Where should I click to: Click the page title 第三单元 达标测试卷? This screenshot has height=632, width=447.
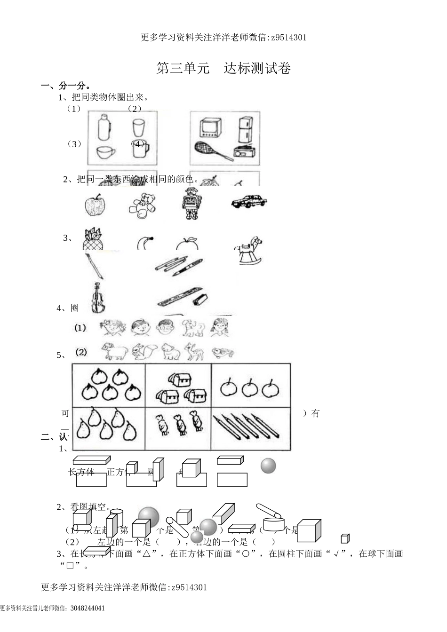[223, 69]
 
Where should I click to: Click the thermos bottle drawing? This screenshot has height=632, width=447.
[104, 127]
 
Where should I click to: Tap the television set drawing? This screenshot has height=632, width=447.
[210, 128]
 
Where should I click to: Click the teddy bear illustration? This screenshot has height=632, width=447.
[142, 205]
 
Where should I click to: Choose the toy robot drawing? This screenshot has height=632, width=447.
[191, 203]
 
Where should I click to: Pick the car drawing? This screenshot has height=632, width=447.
[249, 201]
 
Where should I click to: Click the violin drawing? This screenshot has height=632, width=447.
[97, 298]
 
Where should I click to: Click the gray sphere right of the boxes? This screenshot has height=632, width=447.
[268, 466]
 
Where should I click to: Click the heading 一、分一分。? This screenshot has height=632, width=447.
[66, 86]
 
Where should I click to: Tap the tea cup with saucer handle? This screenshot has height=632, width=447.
[106, 151]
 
